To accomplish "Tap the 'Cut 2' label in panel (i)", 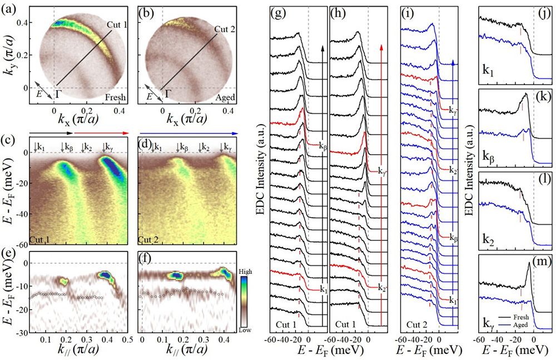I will [416, 322].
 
